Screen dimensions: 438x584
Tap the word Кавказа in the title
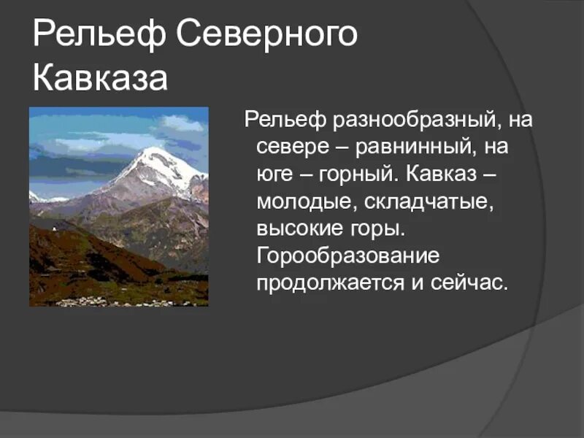click(100, 78)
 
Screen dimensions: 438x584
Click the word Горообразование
click(347, 256)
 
